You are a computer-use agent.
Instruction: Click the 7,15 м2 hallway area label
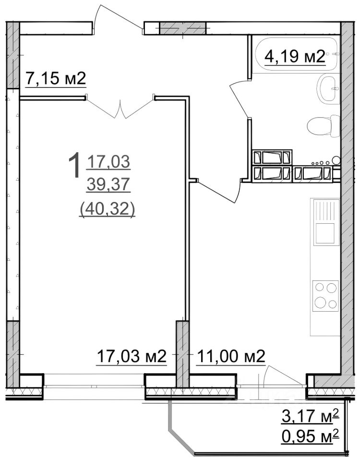pos(56,79)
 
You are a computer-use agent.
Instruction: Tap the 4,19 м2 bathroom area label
pos(295,56)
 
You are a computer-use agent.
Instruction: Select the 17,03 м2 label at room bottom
pos(132,357)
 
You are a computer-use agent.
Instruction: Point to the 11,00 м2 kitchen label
pos(231,357)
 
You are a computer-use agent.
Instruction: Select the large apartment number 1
pos(74,165)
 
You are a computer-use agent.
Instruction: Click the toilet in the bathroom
pos(323,126)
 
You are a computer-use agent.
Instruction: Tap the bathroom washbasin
pos(328,88)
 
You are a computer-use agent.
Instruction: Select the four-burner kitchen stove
pos(325,296)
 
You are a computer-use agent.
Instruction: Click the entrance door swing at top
pos(118,18)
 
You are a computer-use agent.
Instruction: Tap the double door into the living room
pos(120,107)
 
